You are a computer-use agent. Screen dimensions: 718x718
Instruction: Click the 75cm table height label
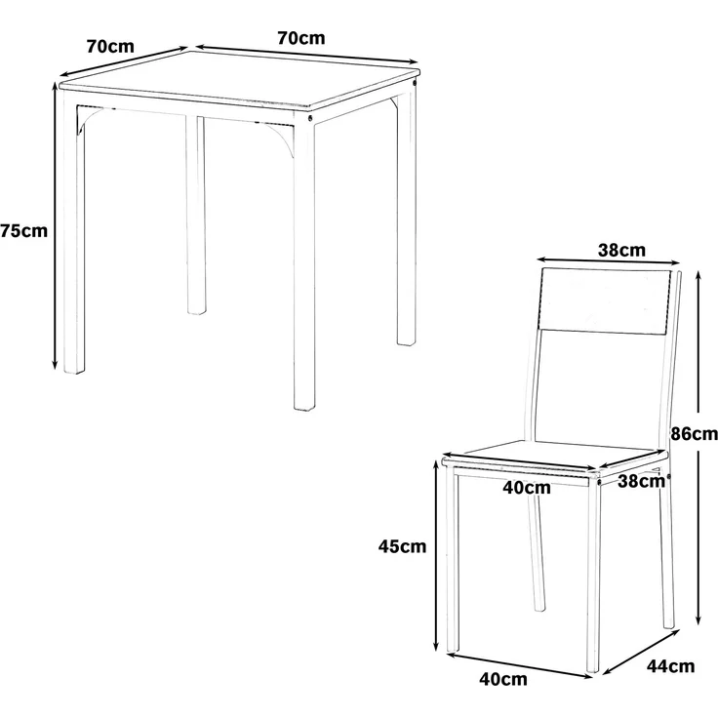(x=23, y=231)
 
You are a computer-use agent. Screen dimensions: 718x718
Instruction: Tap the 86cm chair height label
(x=695, y=433)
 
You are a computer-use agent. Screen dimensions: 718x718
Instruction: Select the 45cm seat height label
(x=402, y=546)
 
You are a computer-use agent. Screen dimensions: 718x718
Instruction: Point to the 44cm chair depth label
(x=670, y=666)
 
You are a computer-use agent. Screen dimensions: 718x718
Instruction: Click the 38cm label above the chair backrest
(x=621, y=250)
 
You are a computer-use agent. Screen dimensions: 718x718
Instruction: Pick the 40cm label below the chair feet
(x=503, y=679)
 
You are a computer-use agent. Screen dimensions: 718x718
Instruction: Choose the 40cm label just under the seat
(x=527, y=488)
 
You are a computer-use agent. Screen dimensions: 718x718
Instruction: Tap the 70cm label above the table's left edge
(x=110, y=46)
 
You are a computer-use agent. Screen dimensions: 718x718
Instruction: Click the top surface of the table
(x=240, y=78)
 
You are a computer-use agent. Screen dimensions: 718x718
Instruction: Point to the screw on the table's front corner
(x=310, y=118)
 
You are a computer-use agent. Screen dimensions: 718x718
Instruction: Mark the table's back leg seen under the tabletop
(x=195, y=216)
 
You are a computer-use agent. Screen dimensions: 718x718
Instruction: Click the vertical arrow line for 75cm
(x=56, y=226)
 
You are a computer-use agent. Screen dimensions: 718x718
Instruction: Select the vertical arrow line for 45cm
(x=436, y=555)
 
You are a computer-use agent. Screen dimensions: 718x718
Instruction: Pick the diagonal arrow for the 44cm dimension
(x=641, y=652)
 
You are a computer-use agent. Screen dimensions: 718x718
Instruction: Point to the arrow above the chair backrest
(x=608, y=261)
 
